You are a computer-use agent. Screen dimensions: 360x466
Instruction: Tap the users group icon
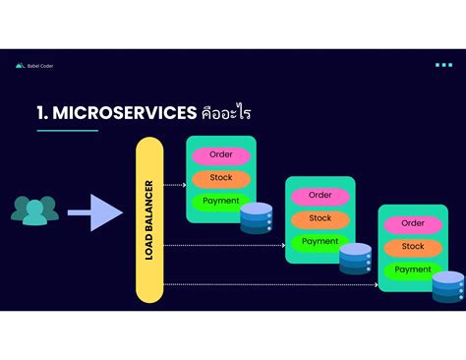click(34, 210)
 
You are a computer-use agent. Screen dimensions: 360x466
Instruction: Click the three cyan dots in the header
click(443, 66)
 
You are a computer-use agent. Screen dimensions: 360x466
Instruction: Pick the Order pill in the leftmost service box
click(221, 155)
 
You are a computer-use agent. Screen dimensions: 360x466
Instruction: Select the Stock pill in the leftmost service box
click(221, 178)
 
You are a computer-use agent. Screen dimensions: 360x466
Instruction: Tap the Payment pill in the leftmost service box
click(221, 201)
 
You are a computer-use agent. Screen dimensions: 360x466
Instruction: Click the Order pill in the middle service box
click(320, 195)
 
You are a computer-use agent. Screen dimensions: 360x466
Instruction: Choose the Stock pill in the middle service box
click(320, 218)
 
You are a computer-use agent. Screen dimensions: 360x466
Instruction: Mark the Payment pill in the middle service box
click(320, 241)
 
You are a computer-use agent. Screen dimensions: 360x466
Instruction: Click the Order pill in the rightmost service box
click(413, 223)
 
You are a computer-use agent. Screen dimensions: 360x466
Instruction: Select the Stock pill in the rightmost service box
click(413, 247)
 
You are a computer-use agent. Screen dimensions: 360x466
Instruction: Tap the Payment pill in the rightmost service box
click(413, 270)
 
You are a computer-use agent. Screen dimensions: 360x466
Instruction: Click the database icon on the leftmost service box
click(256, 217)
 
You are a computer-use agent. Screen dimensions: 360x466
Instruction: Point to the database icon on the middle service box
click(355, 258)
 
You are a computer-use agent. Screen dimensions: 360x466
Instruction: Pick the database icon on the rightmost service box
click(448, 287)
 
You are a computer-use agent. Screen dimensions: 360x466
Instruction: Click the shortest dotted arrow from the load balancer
click(175, 184)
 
